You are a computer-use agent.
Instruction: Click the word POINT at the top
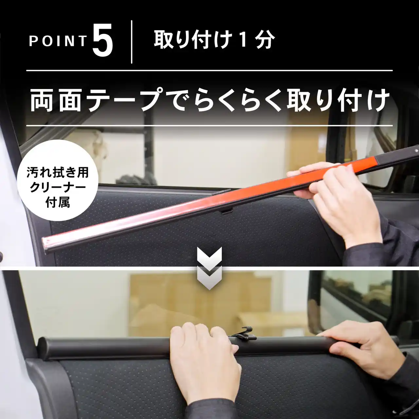click(58, 41)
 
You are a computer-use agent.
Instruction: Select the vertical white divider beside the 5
click(132, 42)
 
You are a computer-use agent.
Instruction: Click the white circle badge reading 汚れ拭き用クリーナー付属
click(58, 180)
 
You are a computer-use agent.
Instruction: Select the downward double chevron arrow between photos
click(209, 268)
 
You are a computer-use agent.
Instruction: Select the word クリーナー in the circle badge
click(58, 187)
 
